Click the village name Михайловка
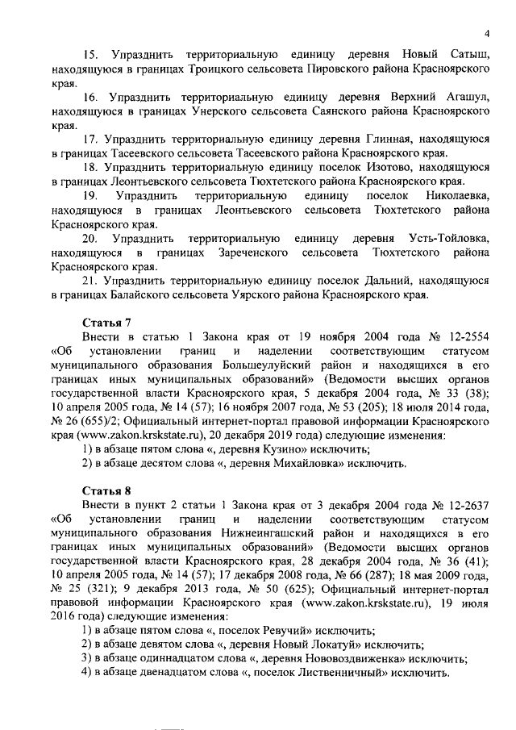[x=302, y=464]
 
